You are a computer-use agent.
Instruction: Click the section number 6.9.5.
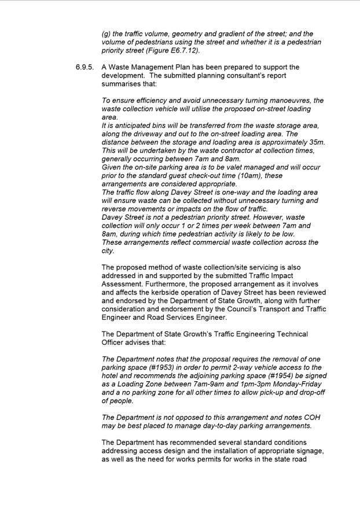tap(85, 68)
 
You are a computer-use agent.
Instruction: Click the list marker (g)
tap(106, 34)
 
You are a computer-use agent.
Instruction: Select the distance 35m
tap(316, 142)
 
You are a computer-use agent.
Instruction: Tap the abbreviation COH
tap(309, 418)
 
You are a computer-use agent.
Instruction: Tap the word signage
tap(307, 451)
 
